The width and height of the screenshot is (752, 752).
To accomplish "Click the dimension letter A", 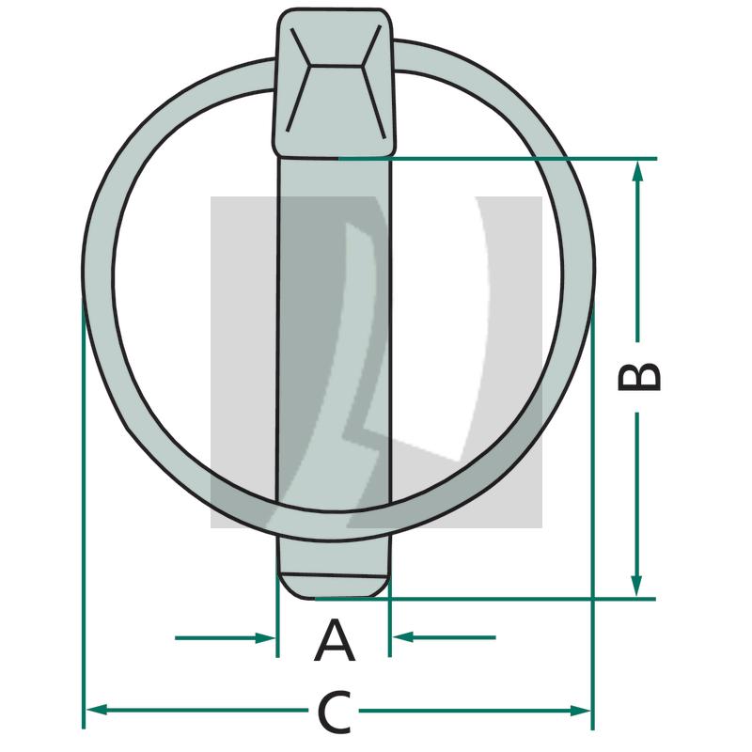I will [x=335, y=642].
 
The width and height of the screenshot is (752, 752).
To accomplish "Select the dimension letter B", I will [x=640, y=376].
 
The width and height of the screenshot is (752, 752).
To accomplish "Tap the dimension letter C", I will [x=334, y=713].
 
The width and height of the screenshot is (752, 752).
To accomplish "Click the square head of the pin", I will [x=334, y=83].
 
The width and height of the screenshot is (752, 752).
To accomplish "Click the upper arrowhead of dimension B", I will [x=637, y=170].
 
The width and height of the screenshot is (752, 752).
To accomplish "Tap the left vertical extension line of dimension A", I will [x=277, y=625].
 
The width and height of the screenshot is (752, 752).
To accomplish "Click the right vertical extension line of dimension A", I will [x=389, y=625].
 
